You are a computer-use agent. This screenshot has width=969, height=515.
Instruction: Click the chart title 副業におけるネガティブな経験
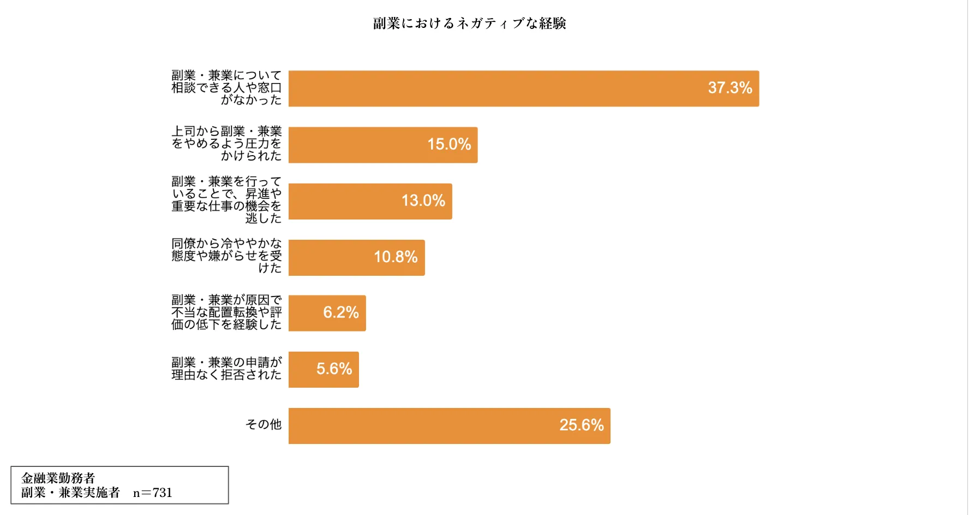click(469, 23)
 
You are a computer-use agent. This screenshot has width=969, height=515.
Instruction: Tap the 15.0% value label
click(448, 144)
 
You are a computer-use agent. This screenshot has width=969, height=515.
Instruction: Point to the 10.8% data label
click(395, 257)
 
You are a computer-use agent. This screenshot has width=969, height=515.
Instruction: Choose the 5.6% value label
click(334, 369)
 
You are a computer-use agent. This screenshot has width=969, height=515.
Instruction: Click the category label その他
click(264, 424)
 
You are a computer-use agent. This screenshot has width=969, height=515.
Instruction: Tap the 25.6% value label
click(581, 425)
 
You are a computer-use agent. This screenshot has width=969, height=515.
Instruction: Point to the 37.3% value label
click(729, 87)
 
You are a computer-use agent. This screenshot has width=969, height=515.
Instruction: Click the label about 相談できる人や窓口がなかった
click(226, 87)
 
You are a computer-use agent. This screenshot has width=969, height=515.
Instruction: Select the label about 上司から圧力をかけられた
click(226, 144)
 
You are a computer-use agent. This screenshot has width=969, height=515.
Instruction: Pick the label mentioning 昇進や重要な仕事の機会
click(226, 200)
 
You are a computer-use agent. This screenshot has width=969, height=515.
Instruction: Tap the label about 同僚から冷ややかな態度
click(226, 256)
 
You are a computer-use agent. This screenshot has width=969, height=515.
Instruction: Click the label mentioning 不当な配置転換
click(226, 312)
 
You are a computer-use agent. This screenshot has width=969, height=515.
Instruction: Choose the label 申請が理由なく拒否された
click(226, 369)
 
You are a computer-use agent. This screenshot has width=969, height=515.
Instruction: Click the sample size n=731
click(153, 493)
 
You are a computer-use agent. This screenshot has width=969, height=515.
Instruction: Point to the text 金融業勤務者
click(58, 478)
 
